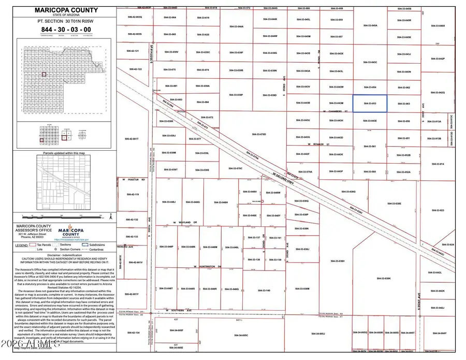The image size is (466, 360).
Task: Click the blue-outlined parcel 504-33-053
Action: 370,103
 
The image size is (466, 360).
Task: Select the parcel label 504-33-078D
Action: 258,134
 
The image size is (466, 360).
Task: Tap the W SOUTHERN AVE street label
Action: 179,311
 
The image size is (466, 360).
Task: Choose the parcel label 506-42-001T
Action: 133,139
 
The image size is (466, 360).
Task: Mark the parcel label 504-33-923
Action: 438,210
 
